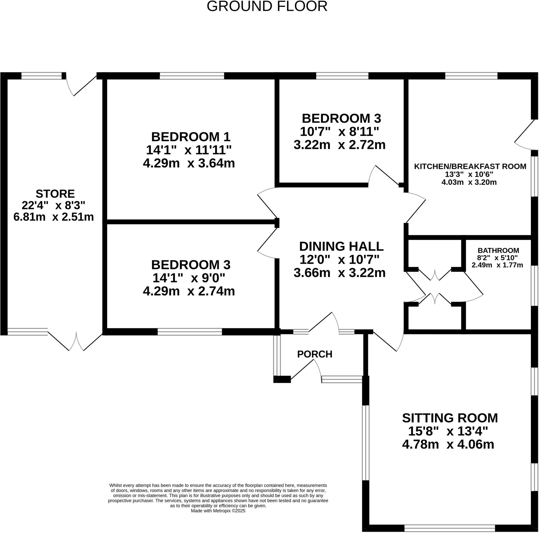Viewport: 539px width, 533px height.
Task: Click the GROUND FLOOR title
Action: click(x=267, y=6)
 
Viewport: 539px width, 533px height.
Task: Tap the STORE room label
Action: click(x=55, y=194)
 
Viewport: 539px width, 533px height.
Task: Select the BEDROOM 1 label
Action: click(x=191, y=137)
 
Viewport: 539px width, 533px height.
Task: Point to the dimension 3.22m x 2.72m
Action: click(x=340, y=145)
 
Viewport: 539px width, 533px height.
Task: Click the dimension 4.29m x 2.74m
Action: click(x=189, y=291)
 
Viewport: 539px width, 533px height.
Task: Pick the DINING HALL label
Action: click(x=341, y=246)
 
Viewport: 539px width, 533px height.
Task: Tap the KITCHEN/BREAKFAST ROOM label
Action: click(x=470, y=167)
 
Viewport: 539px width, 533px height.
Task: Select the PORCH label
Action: click(x=315, y=354)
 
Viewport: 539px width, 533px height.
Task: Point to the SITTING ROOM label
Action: click(x=450, y=418)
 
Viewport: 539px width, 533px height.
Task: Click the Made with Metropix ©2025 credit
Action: click(x=218, y=511)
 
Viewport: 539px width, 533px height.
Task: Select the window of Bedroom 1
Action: click(x=192, y=76)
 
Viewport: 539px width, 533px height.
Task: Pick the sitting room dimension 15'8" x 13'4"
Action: click(x=448, y=431)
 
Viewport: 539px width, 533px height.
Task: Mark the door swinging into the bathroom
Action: click(x=473, y=287)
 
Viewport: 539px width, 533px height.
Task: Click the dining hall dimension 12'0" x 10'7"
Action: click(x=340, y=260)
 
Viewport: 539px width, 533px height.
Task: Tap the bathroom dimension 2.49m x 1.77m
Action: click(x=497, y=265)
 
